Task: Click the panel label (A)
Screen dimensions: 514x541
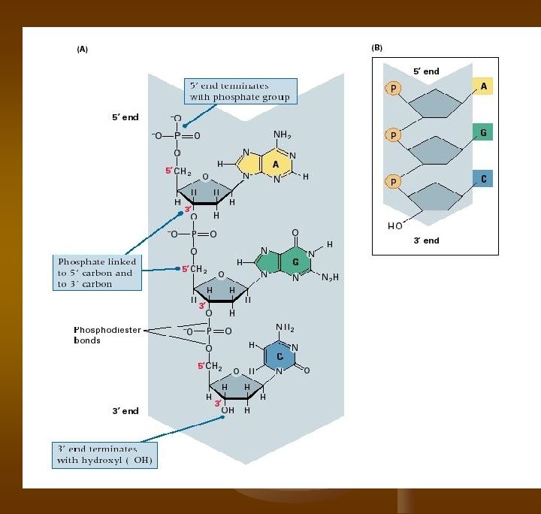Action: point(83,49)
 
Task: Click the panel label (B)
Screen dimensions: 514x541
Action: point(377,47)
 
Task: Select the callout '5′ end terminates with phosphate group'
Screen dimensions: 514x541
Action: point(239,92)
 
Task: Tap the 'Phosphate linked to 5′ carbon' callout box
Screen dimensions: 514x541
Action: point(95,273)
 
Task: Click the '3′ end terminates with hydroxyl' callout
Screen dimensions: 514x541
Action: point(104,454)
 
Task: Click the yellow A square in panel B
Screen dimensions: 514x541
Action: point(482,86)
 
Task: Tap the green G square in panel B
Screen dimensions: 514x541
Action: point(482,133)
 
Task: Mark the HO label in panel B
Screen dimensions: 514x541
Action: point(394,225)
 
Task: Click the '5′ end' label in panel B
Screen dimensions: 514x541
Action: point(426,71)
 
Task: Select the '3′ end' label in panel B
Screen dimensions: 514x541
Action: point(426,240)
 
